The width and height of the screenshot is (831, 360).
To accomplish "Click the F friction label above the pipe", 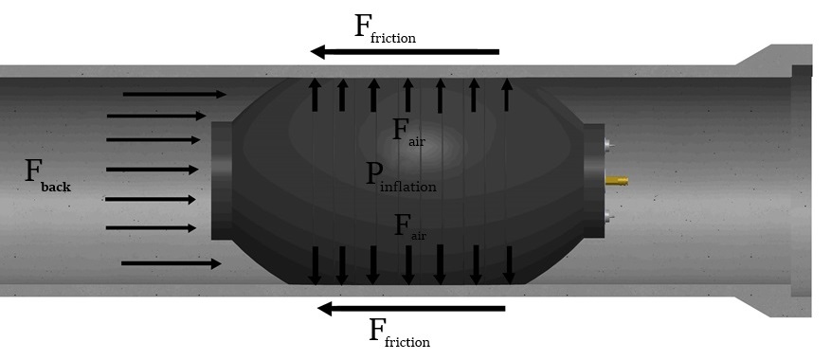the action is pos(385,28).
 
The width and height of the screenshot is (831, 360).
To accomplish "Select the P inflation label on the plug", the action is pos(401,176).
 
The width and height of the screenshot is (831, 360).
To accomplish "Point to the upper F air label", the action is pos(408,132).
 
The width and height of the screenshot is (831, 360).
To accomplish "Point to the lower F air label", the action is pos(410,227).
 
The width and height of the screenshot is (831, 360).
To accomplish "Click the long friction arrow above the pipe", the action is pos(405,52).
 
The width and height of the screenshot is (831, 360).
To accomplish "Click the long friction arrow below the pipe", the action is pos(410,308).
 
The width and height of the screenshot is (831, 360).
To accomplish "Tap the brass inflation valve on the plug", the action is pos(616,181).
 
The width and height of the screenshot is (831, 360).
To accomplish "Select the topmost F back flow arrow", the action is pos(174,95).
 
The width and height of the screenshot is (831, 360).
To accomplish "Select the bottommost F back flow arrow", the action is pos(172,263).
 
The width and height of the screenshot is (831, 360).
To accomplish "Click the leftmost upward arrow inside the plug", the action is pos(315,95).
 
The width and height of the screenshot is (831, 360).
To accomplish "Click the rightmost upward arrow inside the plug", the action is pos(507,95).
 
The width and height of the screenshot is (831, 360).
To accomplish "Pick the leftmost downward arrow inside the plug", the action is pos(315,265).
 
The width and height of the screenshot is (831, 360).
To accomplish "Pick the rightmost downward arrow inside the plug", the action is pos(509,265).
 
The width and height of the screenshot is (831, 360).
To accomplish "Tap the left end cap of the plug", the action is pos(222,181).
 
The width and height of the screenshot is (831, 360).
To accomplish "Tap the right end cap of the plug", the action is pos(594,181).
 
